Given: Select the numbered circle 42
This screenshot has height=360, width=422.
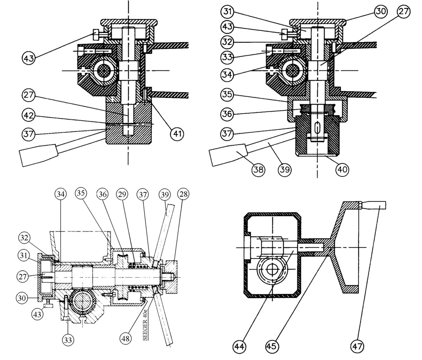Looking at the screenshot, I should [x=29, y=115].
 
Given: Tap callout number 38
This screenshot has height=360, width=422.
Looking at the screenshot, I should [x=258, y=169].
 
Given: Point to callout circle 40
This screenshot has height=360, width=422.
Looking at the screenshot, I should [x=342, y=169].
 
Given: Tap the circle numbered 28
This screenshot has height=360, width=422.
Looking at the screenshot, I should [x=184, y=194].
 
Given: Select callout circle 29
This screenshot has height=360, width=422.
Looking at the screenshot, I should [x=122, y=194].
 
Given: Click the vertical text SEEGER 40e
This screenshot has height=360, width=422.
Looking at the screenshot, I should [x=145, y=325].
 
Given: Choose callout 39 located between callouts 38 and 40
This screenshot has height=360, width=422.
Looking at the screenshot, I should [x=284, y=169].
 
